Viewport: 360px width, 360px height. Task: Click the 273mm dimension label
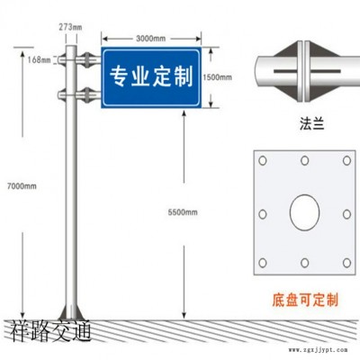click(x=70, y=27)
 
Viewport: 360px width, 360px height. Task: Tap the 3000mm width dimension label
click(x=151, y=39)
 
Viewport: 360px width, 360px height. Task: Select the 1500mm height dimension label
click(x=217, y=77)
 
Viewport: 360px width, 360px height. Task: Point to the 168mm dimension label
click(x=40, y=59)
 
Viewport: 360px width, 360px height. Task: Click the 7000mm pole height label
click(x=22, y=186)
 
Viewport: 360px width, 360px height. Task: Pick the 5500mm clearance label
click(x=183, y=212)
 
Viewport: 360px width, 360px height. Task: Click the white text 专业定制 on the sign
click(x=151, y=76)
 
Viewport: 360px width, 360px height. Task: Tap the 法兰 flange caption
click(x=312, y=123)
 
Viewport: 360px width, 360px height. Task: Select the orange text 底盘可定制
click(x=305, y=300)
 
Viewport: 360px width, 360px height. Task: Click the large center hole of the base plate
click(x=304, y=212)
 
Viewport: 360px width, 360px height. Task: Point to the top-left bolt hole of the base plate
click(x=263, y=161)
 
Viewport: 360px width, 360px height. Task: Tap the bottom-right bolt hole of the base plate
click(x=346, y=263)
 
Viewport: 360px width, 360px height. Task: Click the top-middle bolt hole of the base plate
click(x=305, y=161)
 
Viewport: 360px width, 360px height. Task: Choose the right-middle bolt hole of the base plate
click(x=346, y=214)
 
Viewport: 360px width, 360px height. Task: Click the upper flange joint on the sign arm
click(x=87, y=59)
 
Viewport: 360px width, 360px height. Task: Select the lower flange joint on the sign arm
click(x=87, y=95)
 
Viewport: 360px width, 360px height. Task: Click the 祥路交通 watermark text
click(x=51, y=330)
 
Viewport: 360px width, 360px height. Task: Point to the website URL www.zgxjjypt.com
click(x=319, y=350)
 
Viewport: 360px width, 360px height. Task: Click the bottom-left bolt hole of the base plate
click(x=263, y=263)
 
